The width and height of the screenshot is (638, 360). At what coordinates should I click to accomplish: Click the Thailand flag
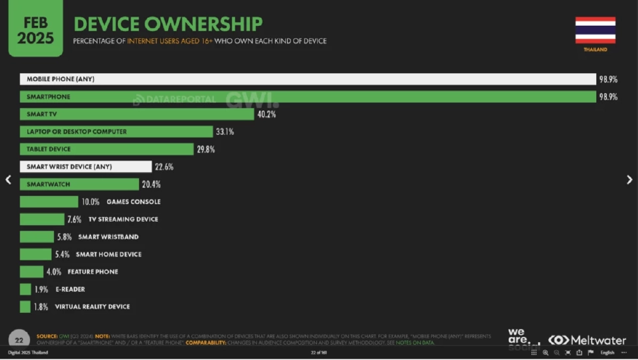[x=595, y=30]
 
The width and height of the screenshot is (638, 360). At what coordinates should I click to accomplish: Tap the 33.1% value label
[x=225, y=132]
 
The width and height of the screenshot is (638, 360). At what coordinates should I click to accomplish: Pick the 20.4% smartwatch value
[x=151, y=185]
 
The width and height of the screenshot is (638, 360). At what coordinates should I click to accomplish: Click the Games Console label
[x=134, y=202]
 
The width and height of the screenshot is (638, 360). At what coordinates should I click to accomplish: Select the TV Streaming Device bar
[x=42, y=219]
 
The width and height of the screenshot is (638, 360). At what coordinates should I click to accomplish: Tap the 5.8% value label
[x=64, y=237]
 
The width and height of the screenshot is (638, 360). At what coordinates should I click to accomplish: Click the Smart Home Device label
[x=108, y=254]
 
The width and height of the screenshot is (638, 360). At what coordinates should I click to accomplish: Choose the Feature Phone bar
[x=31, y=272]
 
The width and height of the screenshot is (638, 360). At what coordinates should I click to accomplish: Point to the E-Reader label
[x=70, y=290]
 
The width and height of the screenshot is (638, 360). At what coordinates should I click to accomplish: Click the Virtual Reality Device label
[x=92, y=307]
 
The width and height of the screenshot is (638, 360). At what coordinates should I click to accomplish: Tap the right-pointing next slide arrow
[x=629, y=179]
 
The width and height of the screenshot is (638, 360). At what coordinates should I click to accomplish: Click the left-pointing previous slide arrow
[x=9, y=179]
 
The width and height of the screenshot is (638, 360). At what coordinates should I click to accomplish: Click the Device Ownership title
[x=168, y=24]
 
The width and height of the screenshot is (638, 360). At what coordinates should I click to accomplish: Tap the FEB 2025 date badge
[x=35, y=29]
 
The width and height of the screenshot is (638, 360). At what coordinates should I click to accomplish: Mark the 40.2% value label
[x=265, y=114]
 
